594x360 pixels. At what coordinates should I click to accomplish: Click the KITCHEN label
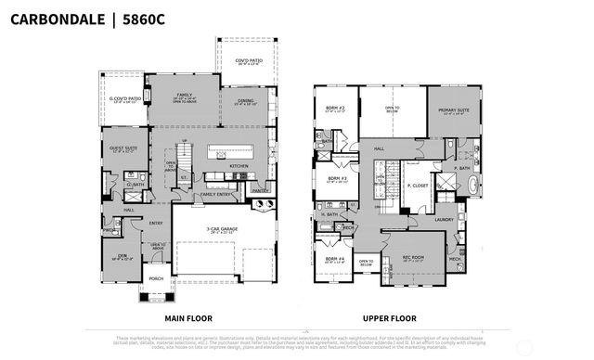click(239, 166)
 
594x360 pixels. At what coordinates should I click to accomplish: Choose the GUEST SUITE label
click(120, 148)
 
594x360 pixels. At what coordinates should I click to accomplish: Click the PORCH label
click(154, 278)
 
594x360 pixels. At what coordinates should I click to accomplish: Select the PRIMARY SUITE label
click(451, 109)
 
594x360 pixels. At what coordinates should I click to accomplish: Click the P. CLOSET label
click(416, 186)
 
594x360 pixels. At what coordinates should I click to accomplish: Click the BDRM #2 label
click(335, 109)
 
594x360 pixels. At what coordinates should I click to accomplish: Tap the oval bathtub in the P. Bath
click(474, 186)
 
